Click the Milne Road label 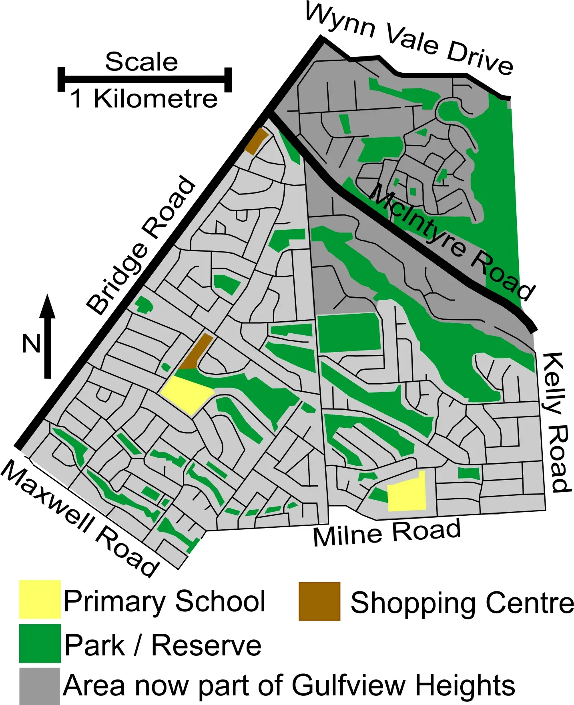(386, 533)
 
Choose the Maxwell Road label (80, 519)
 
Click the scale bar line (145, 79)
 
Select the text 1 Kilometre (144, 98)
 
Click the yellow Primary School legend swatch (40, 599)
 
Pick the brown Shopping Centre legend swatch (319, 601)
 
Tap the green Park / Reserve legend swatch (40, 643)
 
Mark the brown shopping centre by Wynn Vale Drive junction (256, 141)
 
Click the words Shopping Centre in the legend (462, 602)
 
